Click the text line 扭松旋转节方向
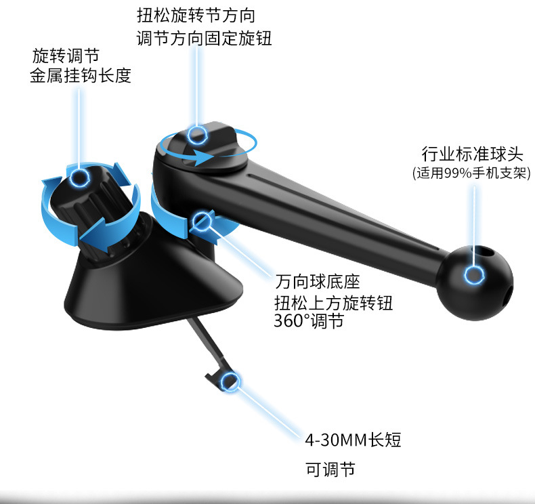coord(196,15)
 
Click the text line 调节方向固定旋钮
coord(204,39)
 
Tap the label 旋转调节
coord(66,55)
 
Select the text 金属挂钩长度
coord(81,77)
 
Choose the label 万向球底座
coord(318,280)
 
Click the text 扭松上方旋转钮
coord(335,301)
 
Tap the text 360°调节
coord(309,321)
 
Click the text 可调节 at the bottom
coord(328,469)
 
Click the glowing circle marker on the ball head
coord(473,275)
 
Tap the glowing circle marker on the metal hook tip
coord(230,382)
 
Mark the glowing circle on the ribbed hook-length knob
coord(80,177)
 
